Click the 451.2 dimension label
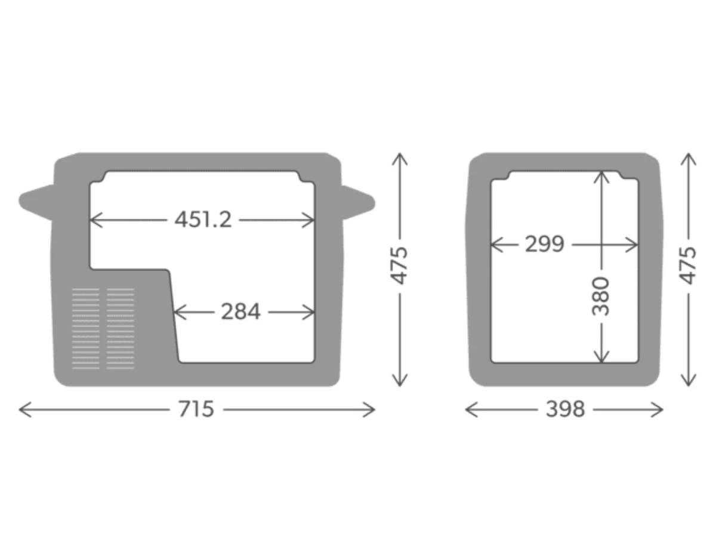(203, 220)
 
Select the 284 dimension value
(240, 311)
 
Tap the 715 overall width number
(196, 409)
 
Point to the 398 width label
(565, 409)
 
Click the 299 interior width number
(544, 244)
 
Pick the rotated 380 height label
(601, 297)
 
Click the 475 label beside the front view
(400, 265)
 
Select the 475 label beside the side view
(689, 265)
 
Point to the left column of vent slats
(86, 328)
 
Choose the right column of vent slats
(121, 328)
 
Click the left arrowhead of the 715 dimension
(22, 409)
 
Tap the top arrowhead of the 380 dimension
(601, 175)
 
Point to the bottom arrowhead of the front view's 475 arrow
(400, 382)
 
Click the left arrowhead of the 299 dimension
(493, 244)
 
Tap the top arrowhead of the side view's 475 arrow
(689, 156)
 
